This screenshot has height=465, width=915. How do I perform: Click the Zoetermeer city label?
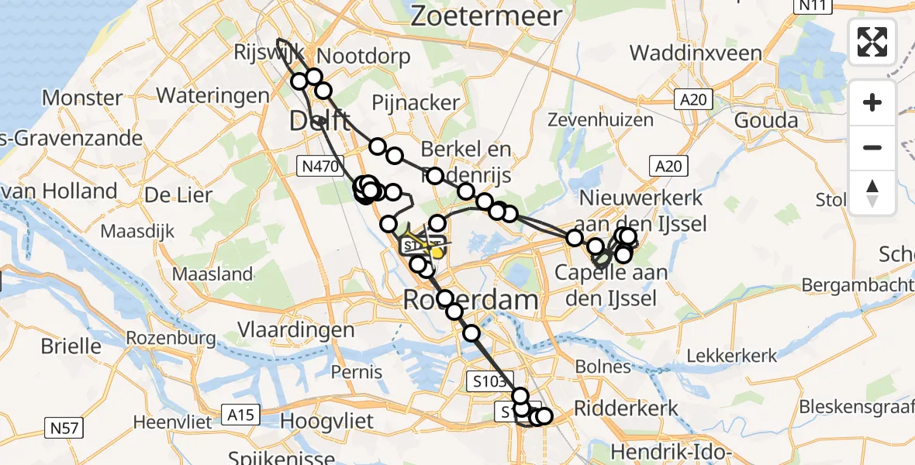click(486, 16)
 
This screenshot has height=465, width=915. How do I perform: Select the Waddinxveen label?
click(696, 53)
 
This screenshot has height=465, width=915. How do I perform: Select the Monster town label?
click(82, 98)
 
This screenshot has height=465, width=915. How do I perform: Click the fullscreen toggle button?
click(872, 42)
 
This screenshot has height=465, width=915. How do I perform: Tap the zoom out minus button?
click(872, 147)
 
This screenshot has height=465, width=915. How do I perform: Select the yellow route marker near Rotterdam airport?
click(437, 251)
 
